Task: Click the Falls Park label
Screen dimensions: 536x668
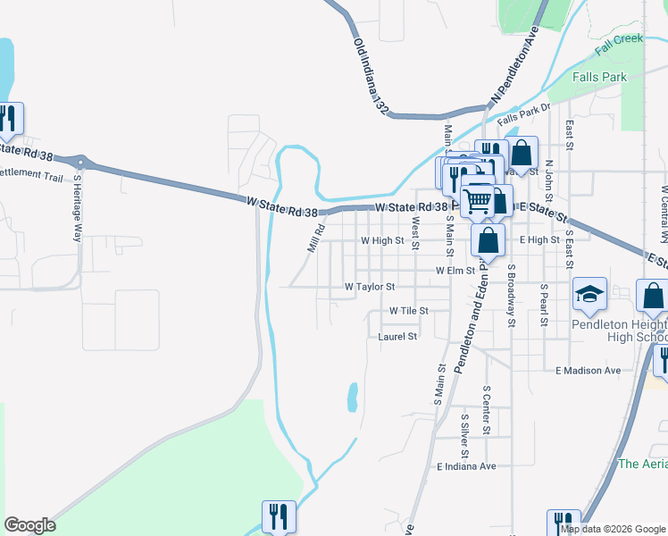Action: click(x=589, y=78)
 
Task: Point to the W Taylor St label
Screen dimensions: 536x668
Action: click(x=370, y=288)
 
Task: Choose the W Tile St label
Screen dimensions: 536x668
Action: click(x=409, y=311)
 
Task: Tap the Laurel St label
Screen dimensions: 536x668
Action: click(x=397, y=337)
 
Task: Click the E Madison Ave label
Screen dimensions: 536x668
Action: click(x=588, y=370)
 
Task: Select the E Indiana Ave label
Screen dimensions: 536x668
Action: click(x=466, y=466)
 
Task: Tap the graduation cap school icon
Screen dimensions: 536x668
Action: click(x=589, y=295)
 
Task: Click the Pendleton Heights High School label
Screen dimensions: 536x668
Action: click(x=618, y=331)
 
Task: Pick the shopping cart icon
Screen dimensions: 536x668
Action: click(x=478, y=201)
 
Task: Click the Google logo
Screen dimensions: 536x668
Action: click(x=29, y=525)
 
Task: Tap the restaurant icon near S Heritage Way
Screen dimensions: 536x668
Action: click(x=9, y=120)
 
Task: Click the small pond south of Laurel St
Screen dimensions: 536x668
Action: click(x=353, y=397)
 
